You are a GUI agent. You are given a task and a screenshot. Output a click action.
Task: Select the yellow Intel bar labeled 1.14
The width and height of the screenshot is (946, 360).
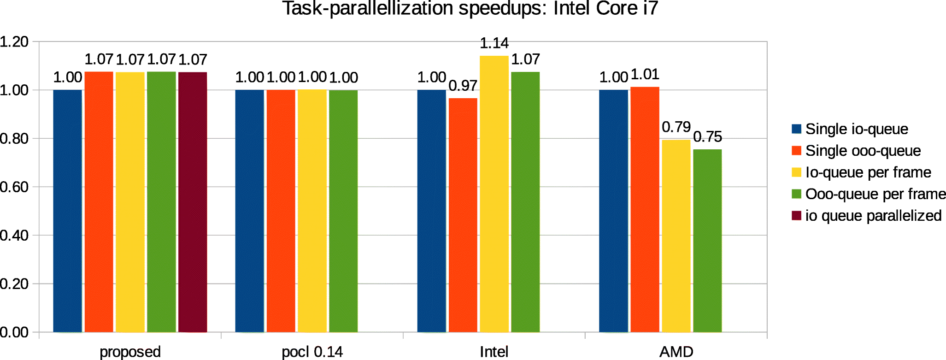pos(494,194)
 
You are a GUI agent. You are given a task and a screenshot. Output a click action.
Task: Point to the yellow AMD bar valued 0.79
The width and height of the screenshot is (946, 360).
pos(676,236)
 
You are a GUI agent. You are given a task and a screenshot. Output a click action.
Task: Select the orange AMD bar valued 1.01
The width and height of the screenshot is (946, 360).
pos(645,209)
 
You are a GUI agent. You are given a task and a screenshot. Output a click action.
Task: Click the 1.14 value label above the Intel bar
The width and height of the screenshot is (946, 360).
pos(494,43)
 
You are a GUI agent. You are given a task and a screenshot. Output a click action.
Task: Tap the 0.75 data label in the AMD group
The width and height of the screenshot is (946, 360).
pos(707,137)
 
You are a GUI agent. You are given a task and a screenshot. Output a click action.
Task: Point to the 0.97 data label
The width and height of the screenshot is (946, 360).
pos(463,86)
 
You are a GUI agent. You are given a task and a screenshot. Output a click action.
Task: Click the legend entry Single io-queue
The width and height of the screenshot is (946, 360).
pos(856,129)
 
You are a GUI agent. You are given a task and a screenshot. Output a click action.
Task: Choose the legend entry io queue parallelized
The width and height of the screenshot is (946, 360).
pos(873,216)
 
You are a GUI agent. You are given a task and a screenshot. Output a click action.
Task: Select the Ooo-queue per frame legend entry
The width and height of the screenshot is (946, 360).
pos(875,194)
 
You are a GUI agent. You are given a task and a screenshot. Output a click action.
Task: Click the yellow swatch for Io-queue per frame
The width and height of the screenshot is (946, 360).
pos(796,172)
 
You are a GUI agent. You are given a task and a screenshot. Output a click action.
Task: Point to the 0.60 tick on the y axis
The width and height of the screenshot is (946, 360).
pos(14,187)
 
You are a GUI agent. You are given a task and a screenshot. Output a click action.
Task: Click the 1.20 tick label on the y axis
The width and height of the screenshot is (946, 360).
pos(14,42)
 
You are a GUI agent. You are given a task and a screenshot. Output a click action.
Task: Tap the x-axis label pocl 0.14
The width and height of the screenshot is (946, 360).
pos(312,352)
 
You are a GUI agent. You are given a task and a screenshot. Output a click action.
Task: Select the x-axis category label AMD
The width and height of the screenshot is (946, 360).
pos(676,352)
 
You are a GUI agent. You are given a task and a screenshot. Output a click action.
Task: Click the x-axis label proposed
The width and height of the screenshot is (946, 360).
pos(130,352)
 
